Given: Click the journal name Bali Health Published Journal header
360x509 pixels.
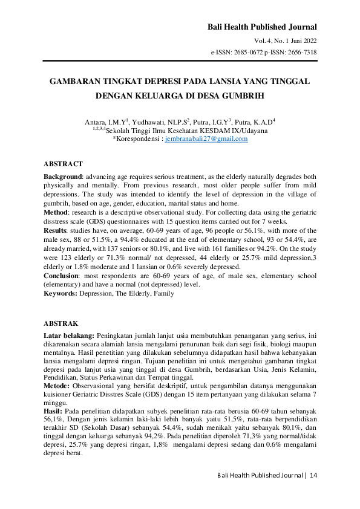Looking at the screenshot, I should (x=262, y=27).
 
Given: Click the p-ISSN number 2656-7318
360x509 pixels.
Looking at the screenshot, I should (x=298, y=52).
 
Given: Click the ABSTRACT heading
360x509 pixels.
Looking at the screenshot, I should (x=63, y=164).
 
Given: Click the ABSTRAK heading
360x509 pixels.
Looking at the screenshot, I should (x=61, y=323).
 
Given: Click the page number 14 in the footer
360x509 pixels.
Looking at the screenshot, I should (x=313, y=476).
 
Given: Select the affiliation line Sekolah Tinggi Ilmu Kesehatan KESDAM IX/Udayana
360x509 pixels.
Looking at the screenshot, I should (x=187, y=130).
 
